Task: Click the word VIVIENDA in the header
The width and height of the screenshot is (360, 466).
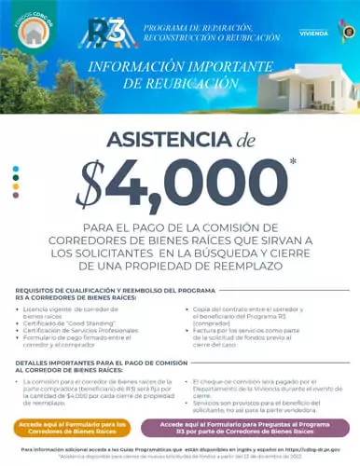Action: click(312, 32)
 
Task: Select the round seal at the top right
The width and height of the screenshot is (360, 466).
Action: click(346, 30)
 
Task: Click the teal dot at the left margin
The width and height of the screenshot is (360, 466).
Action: click(16, 170)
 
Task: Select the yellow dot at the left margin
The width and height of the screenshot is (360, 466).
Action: click(16, 186)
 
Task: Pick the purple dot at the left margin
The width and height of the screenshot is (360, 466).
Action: click(16, 195)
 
